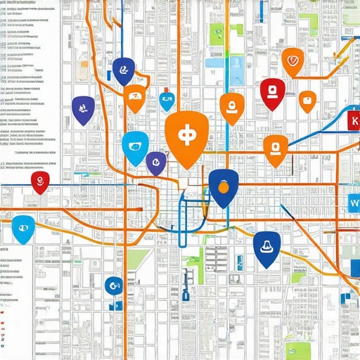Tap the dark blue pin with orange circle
pos(224,187)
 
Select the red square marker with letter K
pos(354,121)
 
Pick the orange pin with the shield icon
pos(292,61)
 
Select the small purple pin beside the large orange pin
pos(155,162)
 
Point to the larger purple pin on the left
pos(83,109)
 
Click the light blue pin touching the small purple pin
pos(135,146)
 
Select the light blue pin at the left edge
pos(23,228)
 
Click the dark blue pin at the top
pos(124,70)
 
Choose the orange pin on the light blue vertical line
pos(231,107)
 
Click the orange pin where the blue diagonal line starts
pos(275,149)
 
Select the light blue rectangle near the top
pos(214,62)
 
